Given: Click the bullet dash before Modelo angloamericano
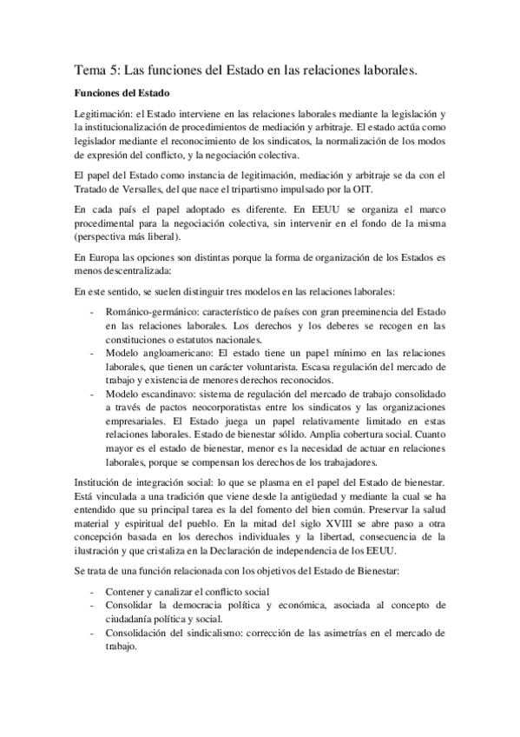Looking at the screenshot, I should tap(93, 353).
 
